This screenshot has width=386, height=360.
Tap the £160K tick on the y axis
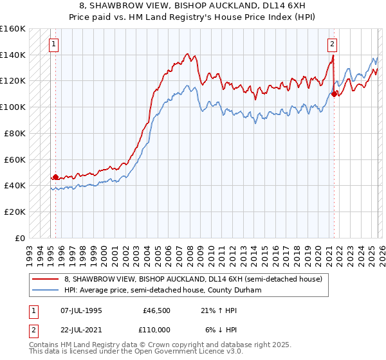[x=13, y=29]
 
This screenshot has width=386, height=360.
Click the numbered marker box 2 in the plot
[x=332, y=44]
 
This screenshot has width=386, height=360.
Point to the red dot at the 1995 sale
[x=55, y=177]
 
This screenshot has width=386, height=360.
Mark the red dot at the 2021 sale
[x=335, y=94]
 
